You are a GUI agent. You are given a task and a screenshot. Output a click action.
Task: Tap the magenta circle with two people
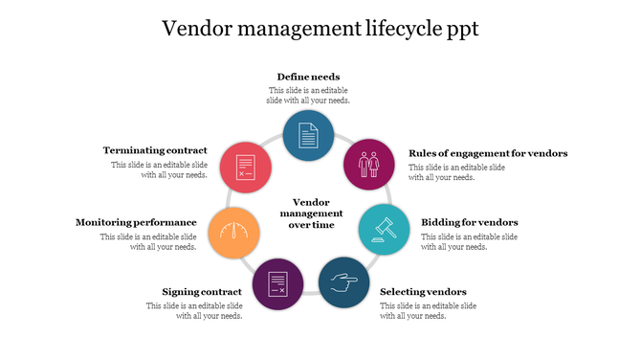point(368,164)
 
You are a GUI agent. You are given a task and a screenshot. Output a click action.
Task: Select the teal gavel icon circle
point(383,228)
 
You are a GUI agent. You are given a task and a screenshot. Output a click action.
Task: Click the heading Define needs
point(308,77)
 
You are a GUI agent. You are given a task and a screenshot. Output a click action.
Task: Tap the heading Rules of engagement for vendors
point(488,153)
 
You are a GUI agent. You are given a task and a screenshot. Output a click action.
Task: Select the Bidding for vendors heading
point(470,222)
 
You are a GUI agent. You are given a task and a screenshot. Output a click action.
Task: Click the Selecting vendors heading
point(423,291)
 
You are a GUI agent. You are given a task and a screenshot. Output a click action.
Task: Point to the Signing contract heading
point(202,291)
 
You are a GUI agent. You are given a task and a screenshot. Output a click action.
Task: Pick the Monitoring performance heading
point(136,222)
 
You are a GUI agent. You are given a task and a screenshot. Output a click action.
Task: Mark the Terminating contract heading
point(155,150)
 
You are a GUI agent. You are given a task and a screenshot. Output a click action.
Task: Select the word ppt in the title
point(461,30)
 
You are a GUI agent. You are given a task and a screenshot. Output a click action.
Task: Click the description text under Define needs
point(308,95)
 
